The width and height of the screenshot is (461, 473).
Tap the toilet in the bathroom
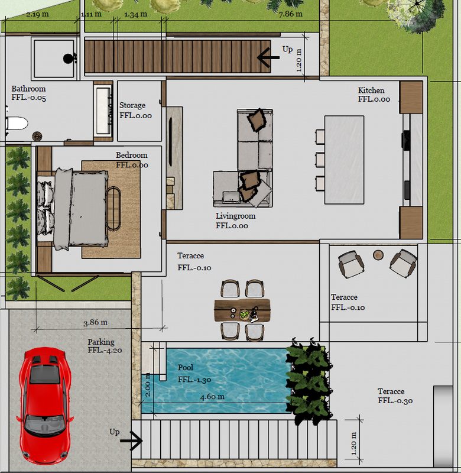[17, 124]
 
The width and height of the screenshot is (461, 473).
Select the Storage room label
[135, 110]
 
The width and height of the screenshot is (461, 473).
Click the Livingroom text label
[235, 221]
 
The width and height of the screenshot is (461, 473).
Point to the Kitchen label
[374, 95]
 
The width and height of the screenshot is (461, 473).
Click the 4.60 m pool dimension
[212, 396]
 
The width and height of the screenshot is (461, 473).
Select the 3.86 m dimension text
[95, 322]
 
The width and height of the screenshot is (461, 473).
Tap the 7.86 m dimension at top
[290, 14]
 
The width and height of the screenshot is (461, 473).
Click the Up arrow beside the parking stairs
[131, 440]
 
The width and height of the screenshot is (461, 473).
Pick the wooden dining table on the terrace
[242, 310]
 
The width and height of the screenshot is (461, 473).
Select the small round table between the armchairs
[378, 255]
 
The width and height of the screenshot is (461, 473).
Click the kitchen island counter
[344, 160]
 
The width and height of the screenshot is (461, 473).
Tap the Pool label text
[186, 367]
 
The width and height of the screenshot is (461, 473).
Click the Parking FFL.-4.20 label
[105, 346]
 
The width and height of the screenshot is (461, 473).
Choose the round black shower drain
[68, 59]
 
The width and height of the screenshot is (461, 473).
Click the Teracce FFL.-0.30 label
[395, 396]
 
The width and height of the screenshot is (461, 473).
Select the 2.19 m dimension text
[37, 14]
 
